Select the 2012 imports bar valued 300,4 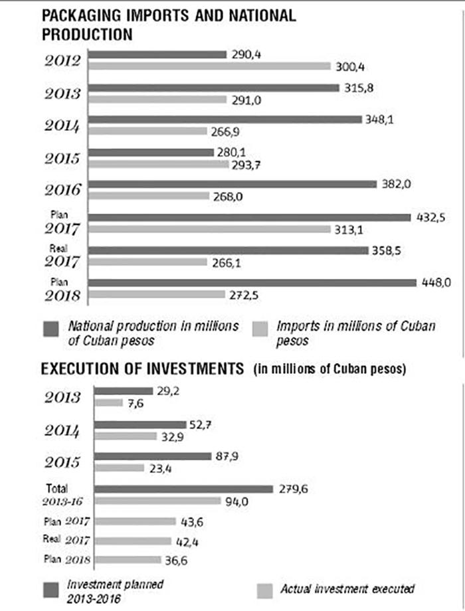point(209,66)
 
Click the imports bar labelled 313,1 point(209,228)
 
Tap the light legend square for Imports point(262,327)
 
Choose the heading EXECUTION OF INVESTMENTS point(143,369)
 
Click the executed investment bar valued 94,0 point(157,501)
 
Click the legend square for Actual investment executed point(266,588)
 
